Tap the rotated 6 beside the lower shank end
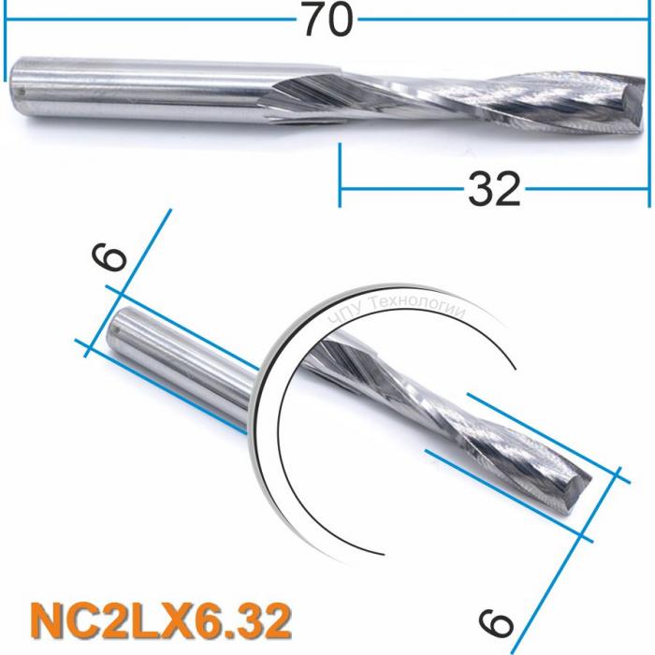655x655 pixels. [109, 254]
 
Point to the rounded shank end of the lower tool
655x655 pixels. [119, 328]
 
